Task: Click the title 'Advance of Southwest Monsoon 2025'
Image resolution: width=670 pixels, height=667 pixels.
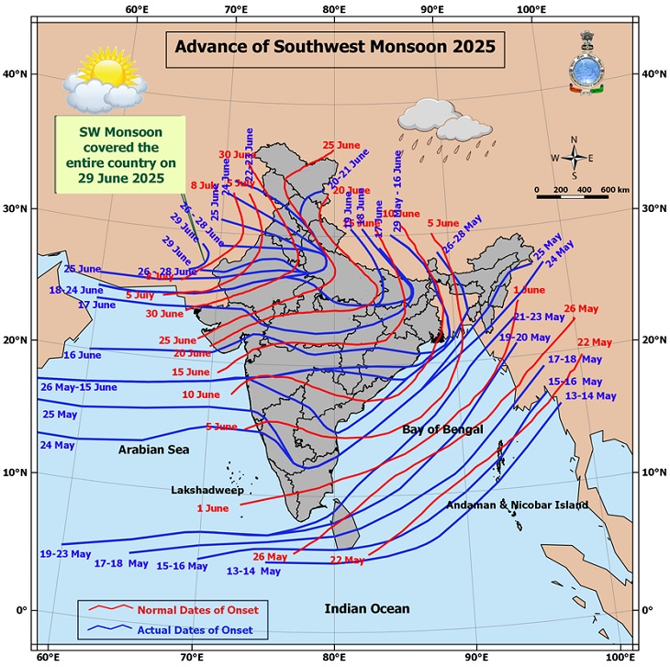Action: point(335,45)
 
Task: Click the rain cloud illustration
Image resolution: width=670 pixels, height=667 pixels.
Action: point(429,116)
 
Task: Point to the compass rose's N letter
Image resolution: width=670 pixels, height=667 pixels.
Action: point(575,139)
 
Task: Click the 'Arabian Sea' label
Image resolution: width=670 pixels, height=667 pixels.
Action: point(152,450)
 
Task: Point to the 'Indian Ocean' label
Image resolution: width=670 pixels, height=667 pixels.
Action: point(367,608)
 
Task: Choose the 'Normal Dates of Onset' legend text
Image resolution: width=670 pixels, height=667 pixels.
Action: point(197,610)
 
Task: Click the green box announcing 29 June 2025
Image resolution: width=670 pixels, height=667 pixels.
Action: point(120,153)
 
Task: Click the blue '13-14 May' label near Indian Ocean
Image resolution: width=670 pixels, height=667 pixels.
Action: point(253,571)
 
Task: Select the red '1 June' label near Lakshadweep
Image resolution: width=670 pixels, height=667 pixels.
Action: point(212,508)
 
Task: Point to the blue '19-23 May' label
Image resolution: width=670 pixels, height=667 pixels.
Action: point(65,554)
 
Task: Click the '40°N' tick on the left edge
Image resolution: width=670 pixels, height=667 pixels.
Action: point(17,73)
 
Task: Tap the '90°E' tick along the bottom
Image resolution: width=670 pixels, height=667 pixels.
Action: point(476,658)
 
